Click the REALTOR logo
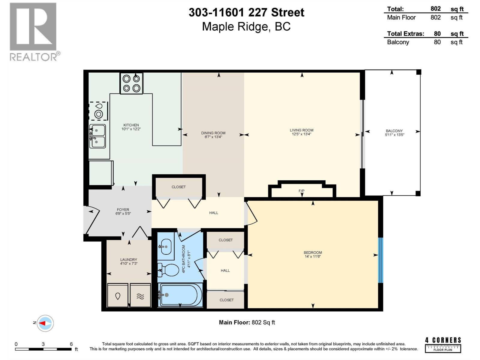(x=34, y=31)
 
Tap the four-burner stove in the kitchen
(x=131, y=83)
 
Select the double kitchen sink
(x=98, y=136)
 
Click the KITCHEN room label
(x=131, y=125)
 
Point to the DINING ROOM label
(x=213, y=133)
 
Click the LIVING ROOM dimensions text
(x=301, y=134)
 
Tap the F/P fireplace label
(x=301, y=191)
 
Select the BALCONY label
(x=394, y=131)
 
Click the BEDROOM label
(x=313, y=253)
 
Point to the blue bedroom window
(x=380, y=260)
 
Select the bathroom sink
(x=166, y=247)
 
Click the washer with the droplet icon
(x=118, y=296)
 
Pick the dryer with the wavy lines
(x=140, y=296)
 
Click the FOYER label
(x=123, y=210)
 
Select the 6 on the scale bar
(x=71, y=344)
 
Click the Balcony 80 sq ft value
(x=437, y=42)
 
